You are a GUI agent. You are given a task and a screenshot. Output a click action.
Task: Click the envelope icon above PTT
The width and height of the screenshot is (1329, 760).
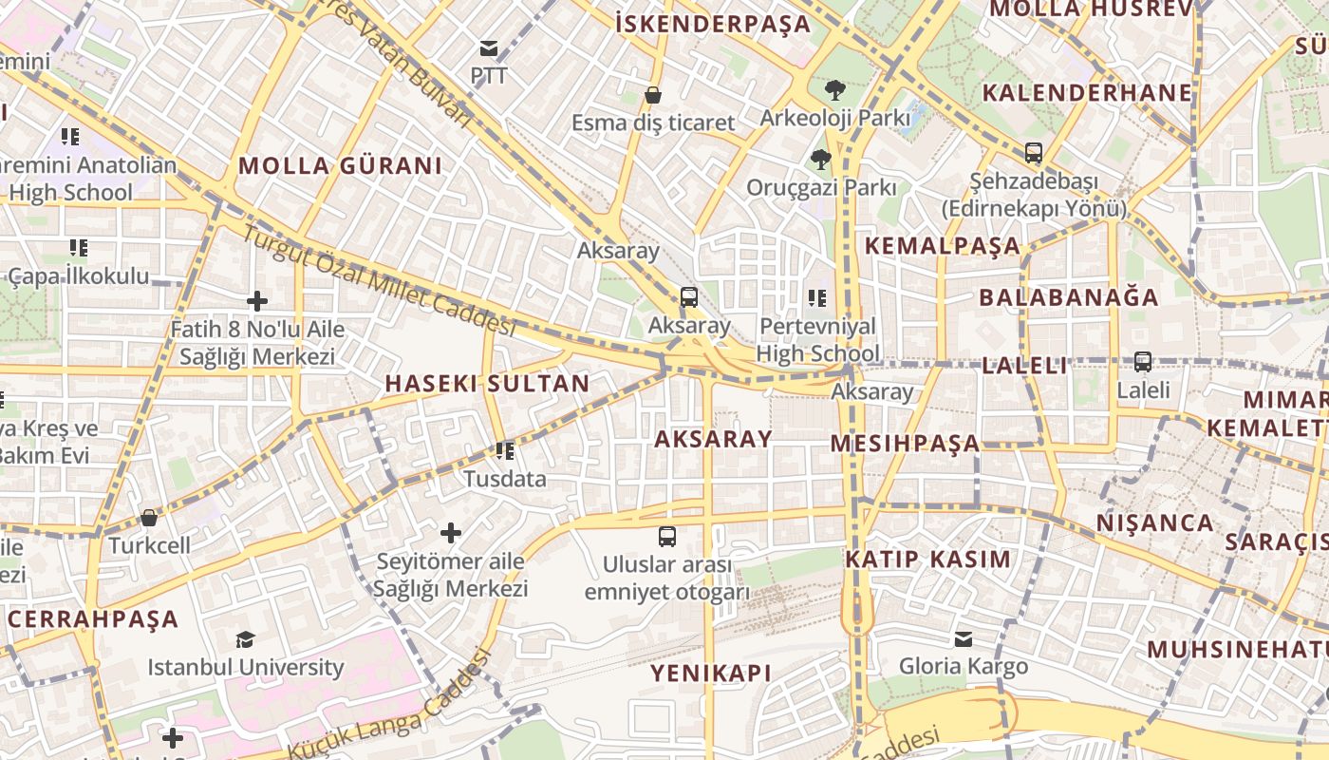pos(488,47)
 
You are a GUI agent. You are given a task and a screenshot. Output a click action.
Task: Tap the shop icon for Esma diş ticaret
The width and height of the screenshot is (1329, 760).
pos(653,95)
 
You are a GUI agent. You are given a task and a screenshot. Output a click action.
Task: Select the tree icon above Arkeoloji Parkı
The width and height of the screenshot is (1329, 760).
pos(835,90)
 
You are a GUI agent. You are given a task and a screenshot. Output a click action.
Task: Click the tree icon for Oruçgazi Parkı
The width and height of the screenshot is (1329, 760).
pos(821,160)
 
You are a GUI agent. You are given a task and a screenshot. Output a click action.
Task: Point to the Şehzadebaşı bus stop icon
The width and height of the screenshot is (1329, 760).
pos(1033,152)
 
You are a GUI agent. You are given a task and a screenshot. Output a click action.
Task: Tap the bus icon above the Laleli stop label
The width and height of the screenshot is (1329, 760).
pos(1143,362)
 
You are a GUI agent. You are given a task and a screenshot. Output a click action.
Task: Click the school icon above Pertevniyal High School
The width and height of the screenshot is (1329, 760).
pos(817,298)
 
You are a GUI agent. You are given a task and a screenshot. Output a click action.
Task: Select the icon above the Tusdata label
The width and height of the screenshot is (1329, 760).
pos(505,450)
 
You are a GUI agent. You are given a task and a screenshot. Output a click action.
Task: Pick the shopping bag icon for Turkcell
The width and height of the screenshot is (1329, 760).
pos(149,518)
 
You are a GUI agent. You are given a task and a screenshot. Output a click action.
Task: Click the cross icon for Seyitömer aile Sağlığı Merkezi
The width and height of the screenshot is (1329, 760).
pos(451,533)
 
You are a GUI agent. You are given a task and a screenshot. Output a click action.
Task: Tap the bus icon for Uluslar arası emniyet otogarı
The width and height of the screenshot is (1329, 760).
pos(667,537)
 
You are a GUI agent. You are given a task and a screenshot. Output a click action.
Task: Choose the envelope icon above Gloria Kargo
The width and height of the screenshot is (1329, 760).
pos(964,638)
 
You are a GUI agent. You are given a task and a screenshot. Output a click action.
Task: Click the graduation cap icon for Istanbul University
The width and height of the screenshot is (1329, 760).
pos(246,639)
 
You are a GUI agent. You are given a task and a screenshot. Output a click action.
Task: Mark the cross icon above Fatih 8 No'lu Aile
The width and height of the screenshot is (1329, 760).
pos(257,302)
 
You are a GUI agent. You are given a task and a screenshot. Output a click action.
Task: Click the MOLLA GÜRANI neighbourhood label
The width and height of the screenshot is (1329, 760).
pos(340,165)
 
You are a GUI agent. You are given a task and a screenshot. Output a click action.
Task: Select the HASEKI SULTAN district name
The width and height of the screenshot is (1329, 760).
pos(487,384)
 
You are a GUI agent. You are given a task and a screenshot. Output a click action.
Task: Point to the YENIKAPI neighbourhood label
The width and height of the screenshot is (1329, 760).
pos(711,674)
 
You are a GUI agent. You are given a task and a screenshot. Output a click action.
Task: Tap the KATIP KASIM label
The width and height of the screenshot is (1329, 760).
pos(928,559)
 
